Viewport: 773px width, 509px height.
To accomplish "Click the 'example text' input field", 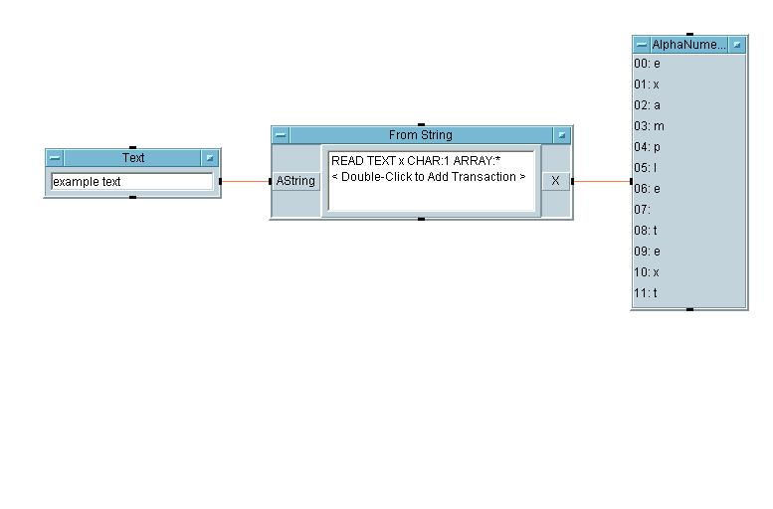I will (x=131, y=182).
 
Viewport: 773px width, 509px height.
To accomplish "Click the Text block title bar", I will (x=133, y=158).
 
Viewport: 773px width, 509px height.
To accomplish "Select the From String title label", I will (x=420, y=135).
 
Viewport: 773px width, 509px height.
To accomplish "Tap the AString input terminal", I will (x=295, y=181).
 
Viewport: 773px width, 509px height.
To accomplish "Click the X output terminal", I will (x=555, y=181).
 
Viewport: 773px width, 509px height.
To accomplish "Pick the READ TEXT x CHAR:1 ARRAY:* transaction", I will (x=415, y=160).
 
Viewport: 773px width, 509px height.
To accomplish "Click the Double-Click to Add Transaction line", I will (x=428, y=177).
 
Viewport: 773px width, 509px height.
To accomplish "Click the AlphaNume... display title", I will (x=688, y=45).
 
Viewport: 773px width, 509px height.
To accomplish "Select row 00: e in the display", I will (x=647, y=64).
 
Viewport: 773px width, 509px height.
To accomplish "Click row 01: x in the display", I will (x=647, y=85).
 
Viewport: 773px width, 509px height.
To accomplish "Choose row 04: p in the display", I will (x=647, y=147).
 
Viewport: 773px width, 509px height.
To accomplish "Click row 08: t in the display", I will (x=647, y=231).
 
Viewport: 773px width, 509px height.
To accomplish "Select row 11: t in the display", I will (x=647, y=293).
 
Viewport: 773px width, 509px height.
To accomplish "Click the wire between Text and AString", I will (x=245, y=181).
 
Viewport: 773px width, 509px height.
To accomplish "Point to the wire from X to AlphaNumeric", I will (x=602, y=181).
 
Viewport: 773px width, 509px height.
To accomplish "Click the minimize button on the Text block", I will (x=55, y=158).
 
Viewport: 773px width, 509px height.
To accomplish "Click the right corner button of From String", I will (x=562, y=135).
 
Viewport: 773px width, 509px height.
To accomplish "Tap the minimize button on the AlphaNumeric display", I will (x=642, y=45).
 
